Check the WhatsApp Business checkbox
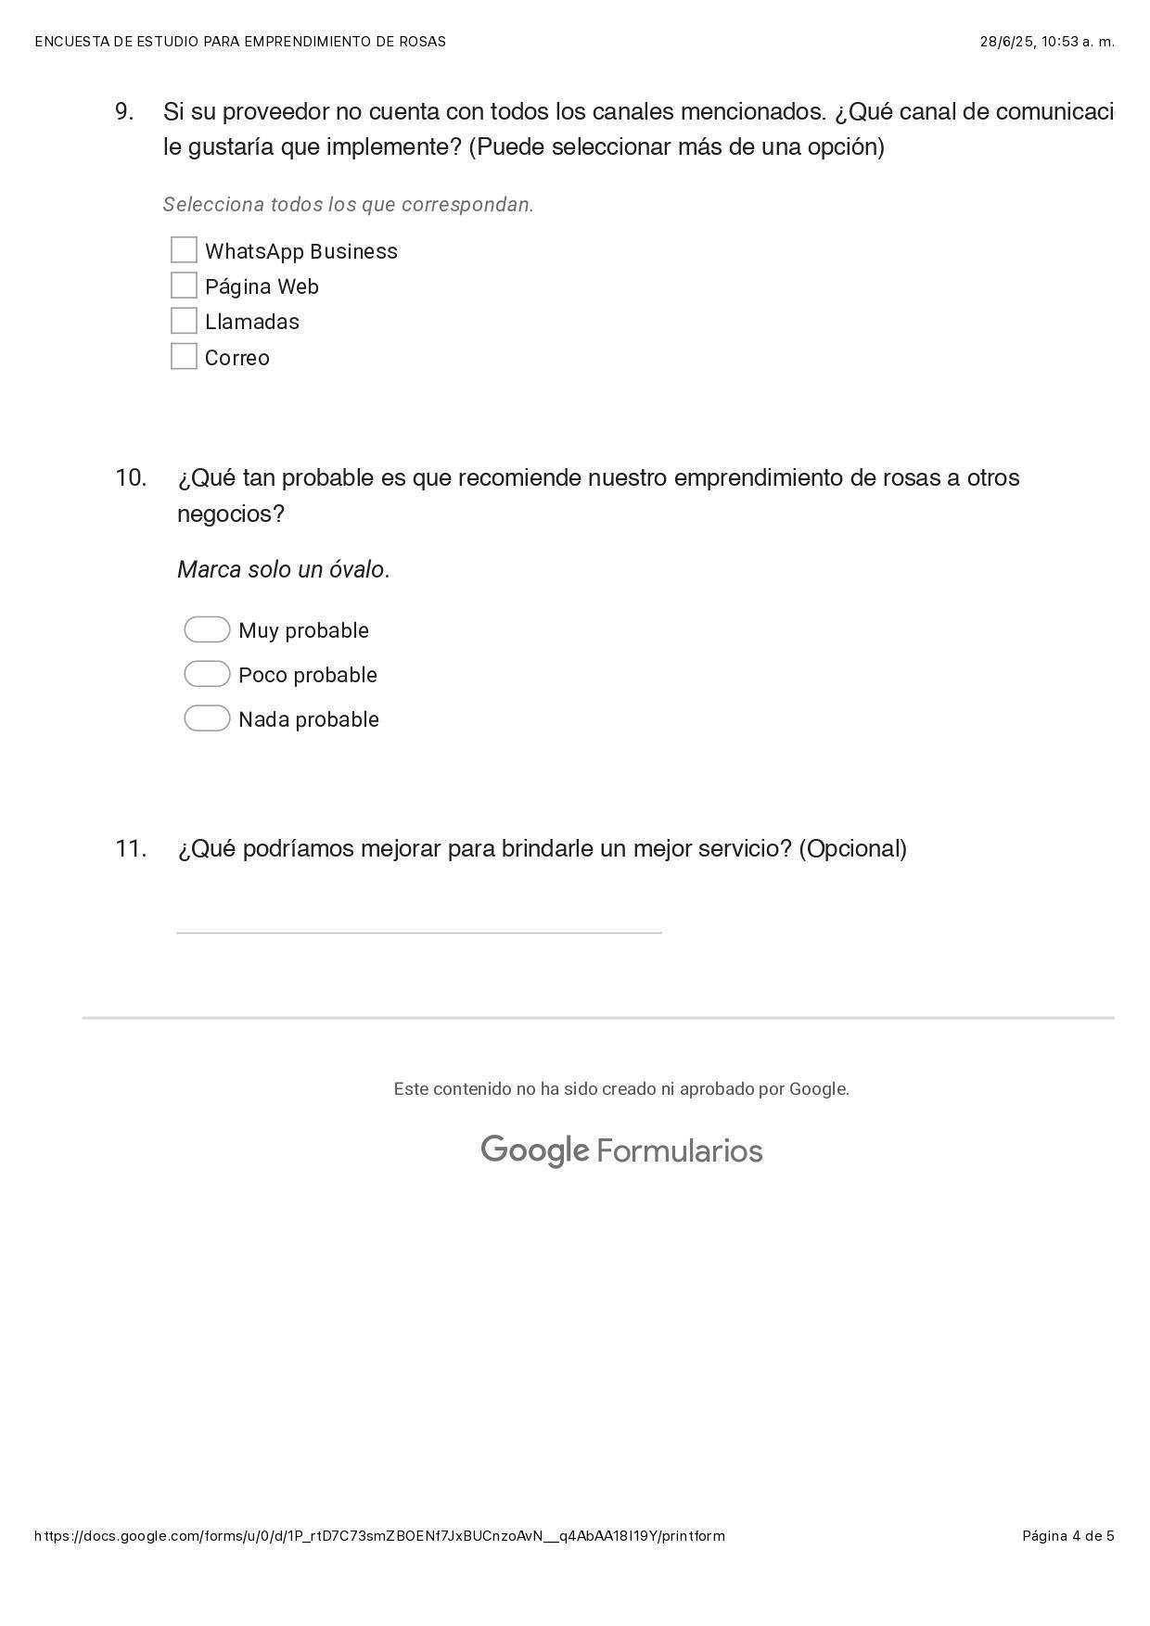184,250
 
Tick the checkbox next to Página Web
184,286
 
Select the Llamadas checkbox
184,321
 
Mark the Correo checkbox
184,356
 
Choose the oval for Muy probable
207,629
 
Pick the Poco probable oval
207,674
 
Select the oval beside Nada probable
207,718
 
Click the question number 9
124,111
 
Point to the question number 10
131,477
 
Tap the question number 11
131,848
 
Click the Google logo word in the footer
534,1150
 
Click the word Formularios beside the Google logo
680,1151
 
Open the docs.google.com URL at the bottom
379,1536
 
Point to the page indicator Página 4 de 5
1067,1536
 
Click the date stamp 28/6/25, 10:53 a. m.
1047,42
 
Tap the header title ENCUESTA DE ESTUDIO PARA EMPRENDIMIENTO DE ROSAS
240,42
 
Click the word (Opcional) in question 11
852,848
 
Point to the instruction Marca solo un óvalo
283,569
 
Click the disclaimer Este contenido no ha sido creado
620,1089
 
